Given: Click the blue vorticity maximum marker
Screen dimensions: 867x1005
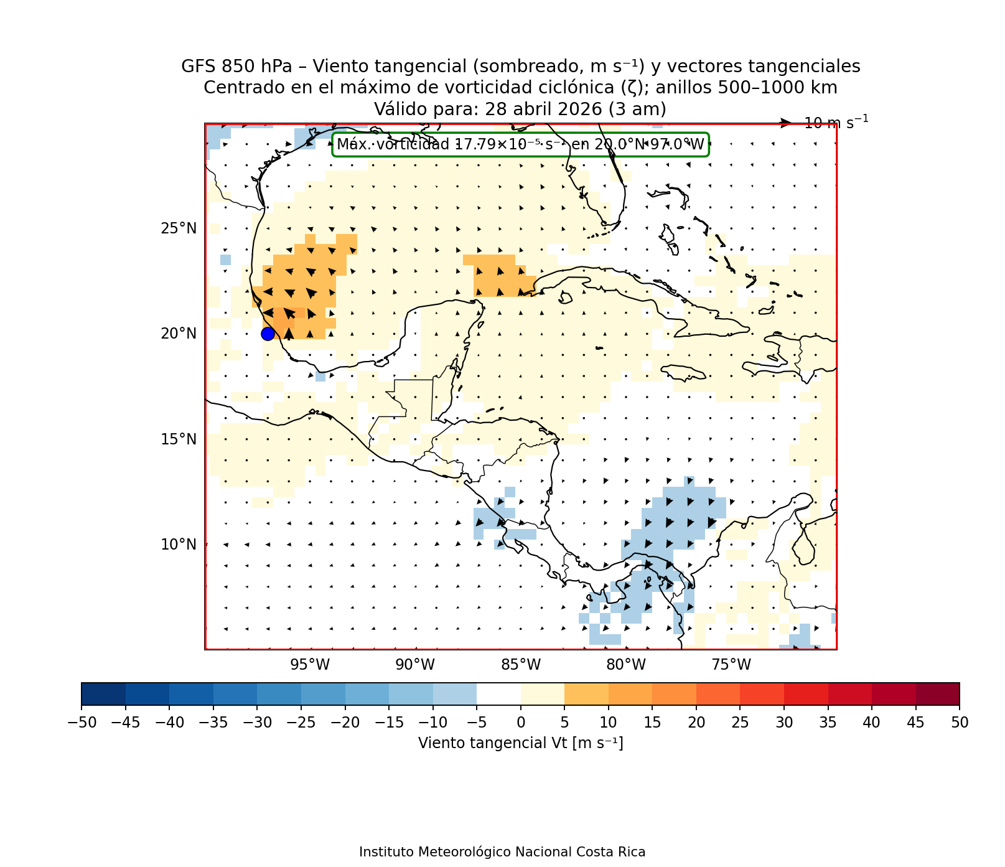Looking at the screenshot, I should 268,334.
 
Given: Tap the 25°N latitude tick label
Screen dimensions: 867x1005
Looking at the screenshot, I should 179,228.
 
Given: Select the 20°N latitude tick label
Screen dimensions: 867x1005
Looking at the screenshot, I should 179,334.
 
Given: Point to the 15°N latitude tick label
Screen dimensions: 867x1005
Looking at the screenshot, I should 179,439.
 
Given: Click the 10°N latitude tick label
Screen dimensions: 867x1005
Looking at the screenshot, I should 179,545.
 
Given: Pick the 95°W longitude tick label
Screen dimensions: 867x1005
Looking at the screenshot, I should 310,665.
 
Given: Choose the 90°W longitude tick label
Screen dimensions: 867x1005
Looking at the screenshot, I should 415,665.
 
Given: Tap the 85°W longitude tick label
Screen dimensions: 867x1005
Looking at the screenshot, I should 521,665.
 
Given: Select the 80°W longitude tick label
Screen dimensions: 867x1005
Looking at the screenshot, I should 626,665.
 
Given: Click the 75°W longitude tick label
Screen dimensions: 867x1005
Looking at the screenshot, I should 731,665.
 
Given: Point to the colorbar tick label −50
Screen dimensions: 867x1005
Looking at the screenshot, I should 82,723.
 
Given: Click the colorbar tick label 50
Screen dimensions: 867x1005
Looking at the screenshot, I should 959,723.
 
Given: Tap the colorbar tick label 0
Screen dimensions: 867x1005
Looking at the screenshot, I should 521,723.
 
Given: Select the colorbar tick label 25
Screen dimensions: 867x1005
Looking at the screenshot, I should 740,723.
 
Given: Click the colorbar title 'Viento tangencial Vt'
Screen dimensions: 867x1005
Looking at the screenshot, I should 520,743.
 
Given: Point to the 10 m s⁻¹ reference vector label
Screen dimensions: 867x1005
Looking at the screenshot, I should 836,123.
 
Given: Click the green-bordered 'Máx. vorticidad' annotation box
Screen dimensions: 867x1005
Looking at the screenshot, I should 520,145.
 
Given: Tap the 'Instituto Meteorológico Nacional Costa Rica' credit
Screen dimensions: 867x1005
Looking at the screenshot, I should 502,852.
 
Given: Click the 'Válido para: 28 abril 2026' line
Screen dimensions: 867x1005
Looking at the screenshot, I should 520,109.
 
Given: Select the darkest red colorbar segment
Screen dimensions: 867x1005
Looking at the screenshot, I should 937,694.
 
